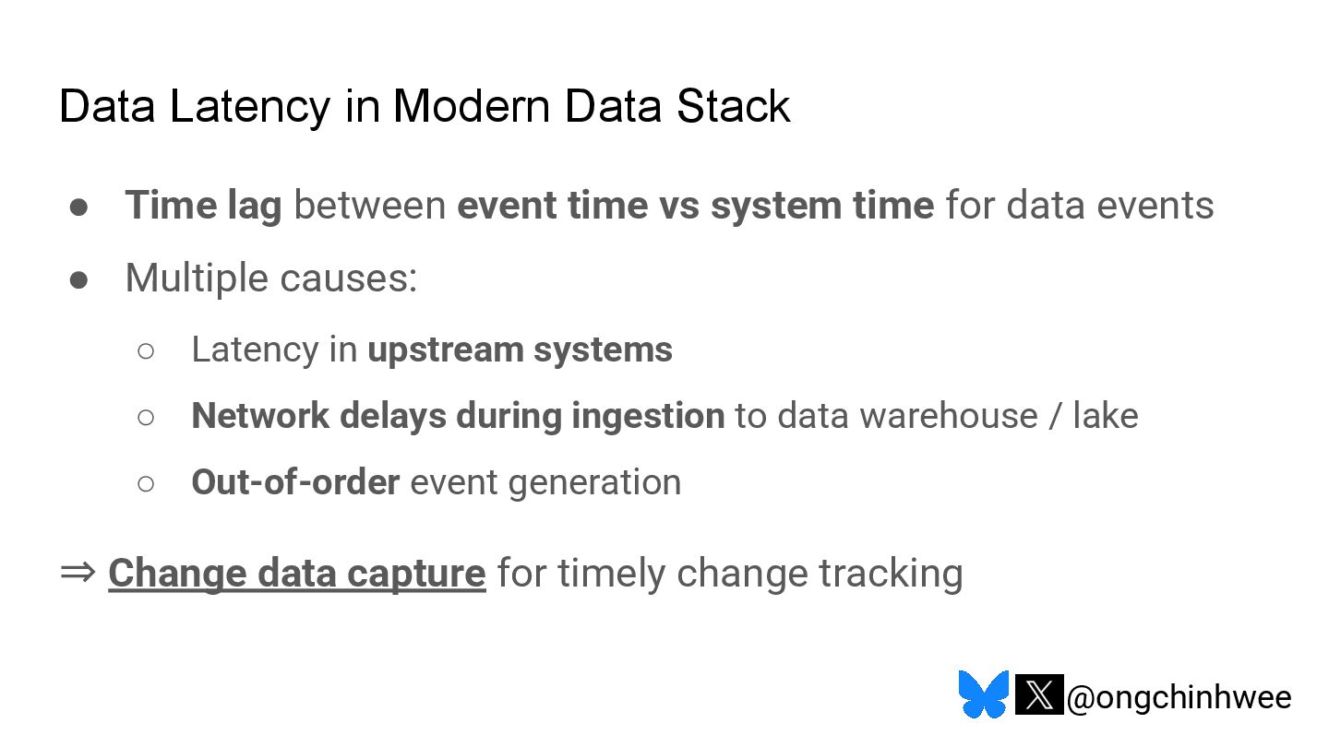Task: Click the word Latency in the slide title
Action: pos(248,106)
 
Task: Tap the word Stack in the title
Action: pos(733,106)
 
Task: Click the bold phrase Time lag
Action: pos(203,205)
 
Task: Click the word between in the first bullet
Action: pos(369,205)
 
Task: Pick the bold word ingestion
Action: pos(648,416)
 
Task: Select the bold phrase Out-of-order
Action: pos(295,482)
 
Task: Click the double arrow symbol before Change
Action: pos(78,573)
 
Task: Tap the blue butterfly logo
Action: pos(983,694)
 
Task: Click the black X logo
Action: pos(1039,695)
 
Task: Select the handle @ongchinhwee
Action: pos(1179,697)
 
